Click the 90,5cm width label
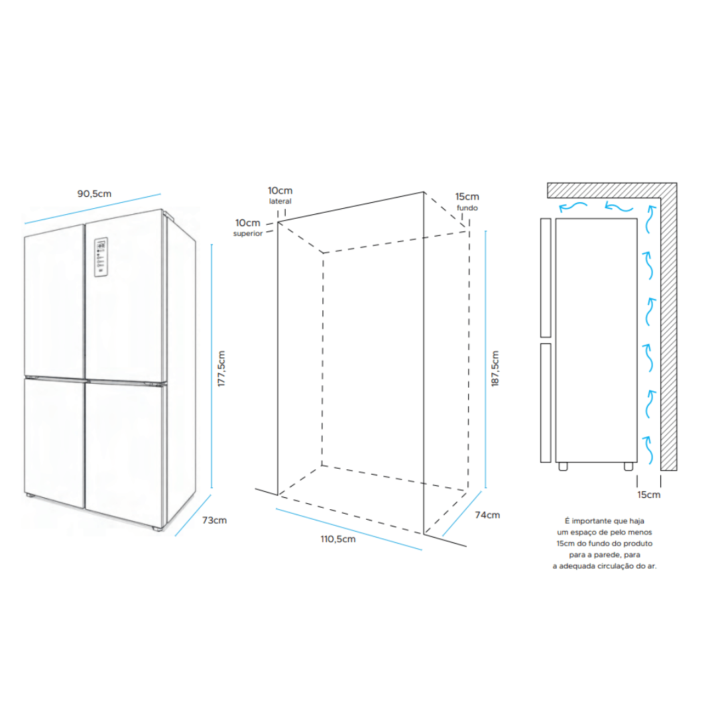94,194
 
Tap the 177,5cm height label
221,369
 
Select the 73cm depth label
214,520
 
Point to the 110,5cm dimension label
338,539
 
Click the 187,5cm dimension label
495,369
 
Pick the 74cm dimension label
487,515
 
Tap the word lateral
280,202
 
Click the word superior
248,234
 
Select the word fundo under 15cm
467,208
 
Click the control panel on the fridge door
101,257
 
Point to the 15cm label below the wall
649,495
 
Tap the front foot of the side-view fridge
563,466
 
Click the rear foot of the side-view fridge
628,466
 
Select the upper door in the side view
546,278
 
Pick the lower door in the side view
546,403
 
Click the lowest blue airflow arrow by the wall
648,450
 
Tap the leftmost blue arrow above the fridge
573,206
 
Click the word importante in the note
591,521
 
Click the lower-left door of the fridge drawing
55,443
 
